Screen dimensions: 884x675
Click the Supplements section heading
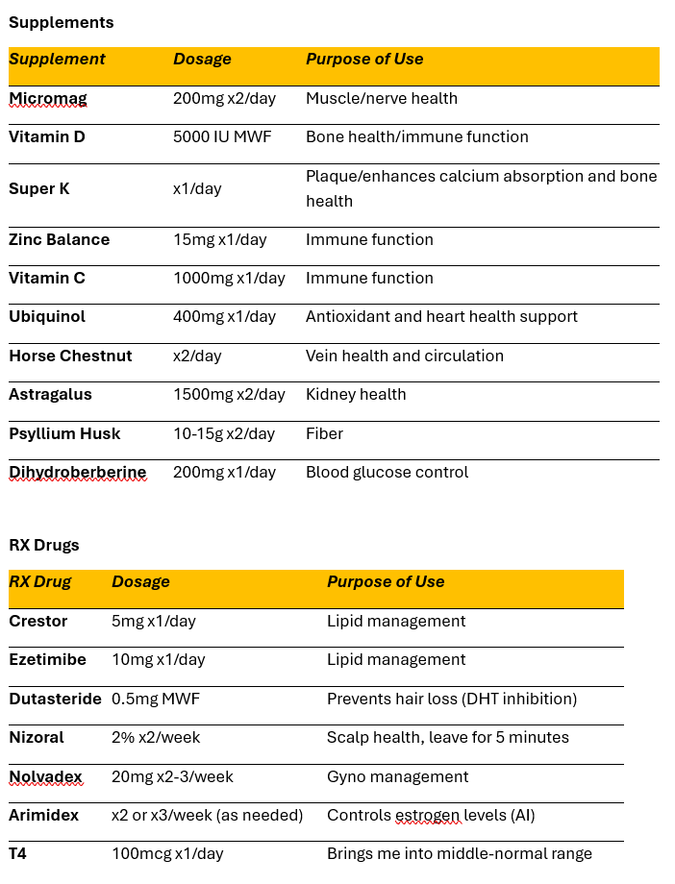(61, 22)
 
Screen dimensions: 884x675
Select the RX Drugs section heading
(44, 545)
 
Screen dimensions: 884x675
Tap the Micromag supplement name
(46, 98)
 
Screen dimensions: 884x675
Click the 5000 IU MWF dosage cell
(222, 136)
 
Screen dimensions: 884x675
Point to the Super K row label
(39, 188)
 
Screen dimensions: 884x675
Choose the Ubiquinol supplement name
(47, 316)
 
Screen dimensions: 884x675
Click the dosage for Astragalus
(229, 394)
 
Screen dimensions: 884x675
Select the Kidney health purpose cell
(356, 394)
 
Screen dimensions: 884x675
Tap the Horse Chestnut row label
(70, 356)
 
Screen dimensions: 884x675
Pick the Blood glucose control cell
(387, 472)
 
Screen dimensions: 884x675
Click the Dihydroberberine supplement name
(77, 472)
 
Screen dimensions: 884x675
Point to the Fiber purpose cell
(324, 433)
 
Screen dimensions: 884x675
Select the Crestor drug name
(38, 621)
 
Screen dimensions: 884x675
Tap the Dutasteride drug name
(55, 699)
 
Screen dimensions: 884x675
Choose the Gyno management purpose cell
(398, 776)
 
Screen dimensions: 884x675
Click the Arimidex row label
(44, 815)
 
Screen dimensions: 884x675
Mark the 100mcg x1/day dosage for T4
(167, 853)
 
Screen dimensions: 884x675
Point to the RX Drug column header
(40, 581)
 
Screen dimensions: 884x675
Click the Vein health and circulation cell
(404, 356)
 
